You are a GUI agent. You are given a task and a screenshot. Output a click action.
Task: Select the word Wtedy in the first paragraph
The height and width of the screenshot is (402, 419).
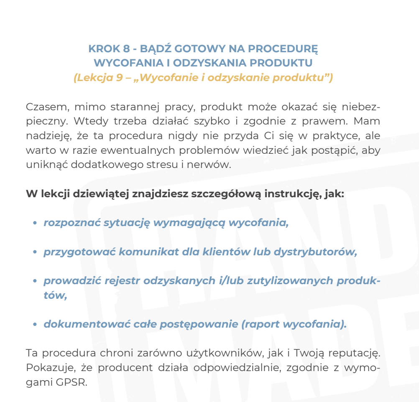87,121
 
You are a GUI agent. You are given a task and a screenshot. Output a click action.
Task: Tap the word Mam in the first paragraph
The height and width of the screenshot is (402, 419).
370,121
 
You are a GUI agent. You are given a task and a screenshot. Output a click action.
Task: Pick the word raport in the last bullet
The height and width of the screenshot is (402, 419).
264,324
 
